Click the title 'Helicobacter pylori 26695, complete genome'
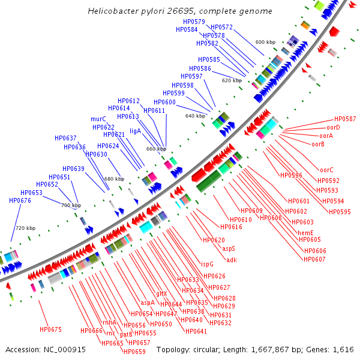click(x=179, y=11)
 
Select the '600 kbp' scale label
click(x=265, y=42)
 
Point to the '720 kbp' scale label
click(x=25, y=228)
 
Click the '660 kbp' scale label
click(x=156, y=149)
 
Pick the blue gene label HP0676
click(x=20, y=200)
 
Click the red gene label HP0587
click(x=345, y=119)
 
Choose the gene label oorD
click(x=333, y=127)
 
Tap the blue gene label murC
click(x=98, y=119)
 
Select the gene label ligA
click(x=135, y=131)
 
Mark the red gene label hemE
click(x=305, y=233)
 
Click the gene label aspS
click(x=229, y=248)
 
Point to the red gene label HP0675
click(x=51, y=329)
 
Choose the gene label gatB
click(x=126, y=334)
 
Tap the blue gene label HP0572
click(x=221, y=27)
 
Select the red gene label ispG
click(x=207, y=263)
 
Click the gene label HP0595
click(x=340, y=212)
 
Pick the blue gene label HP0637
click(x=65, y=138)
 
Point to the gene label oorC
click(x=326, y=170)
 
